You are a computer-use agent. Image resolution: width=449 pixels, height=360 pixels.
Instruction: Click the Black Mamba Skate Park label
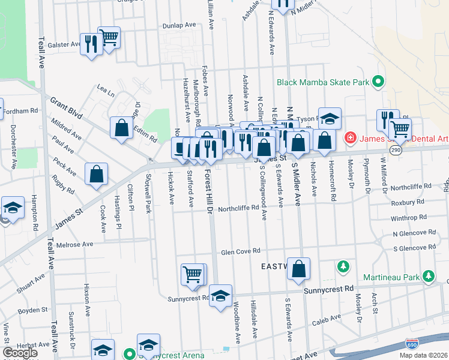[x=322, y=82]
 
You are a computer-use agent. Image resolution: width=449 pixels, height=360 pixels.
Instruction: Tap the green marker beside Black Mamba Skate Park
[x=378, y=82]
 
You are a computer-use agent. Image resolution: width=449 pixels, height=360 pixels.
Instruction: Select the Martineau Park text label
[x=391, y=277]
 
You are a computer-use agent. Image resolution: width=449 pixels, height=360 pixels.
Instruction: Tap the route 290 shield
[x=394, y=150]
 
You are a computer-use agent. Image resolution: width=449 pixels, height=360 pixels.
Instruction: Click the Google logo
[x=20, y=353]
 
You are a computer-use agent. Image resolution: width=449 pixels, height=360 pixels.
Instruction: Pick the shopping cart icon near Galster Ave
[x=109, y=38]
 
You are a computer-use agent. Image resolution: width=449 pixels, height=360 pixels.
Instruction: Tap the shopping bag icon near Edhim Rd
[x=121, y=127]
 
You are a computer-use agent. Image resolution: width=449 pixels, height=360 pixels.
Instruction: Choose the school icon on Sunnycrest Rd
[x=221, y=296]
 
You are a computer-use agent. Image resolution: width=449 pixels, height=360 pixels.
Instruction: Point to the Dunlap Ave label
[x=179, y=26]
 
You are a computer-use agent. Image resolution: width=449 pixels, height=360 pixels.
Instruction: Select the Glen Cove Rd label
[x=240, y=251]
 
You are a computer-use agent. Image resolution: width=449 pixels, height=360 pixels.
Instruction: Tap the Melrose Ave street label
[x=74, y=245]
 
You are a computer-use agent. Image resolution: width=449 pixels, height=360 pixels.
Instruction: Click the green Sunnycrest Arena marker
[x=127, y=355]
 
